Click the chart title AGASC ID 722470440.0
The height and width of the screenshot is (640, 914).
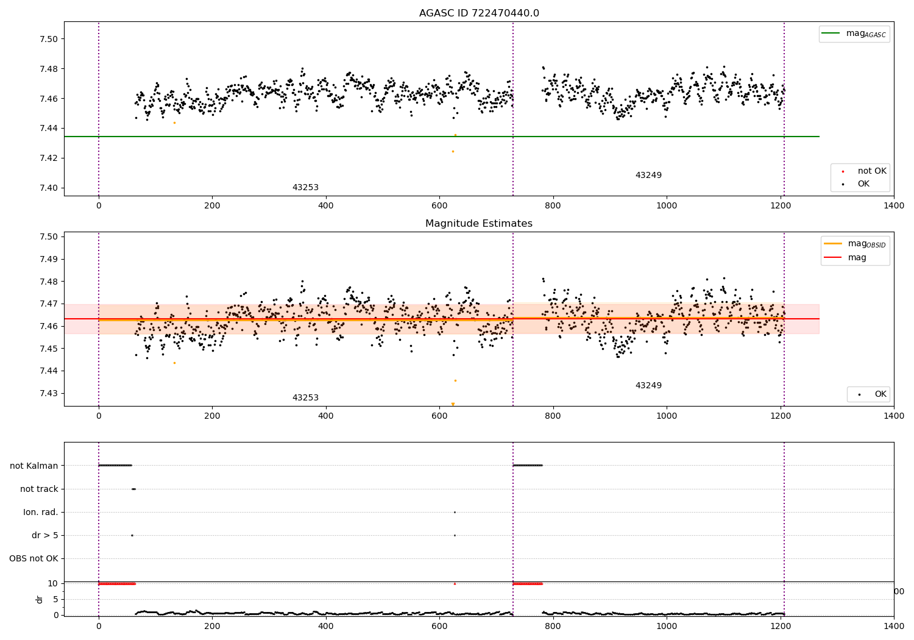[479, 13]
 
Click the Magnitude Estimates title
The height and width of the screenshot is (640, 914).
[479, 224]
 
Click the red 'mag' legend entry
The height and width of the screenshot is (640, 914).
[857, 258]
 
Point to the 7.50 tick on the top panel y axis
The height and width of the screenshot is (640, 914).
[48, 39]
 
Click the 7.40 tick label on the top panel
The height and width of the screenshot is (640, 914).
[48, 188]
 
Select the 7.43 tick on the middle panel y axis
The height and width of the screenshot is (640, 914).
[48, 393]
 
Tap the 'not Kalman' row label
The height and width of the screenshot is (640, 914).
[34, 466]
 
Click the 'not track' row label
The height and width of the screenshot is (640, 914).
[39, 489]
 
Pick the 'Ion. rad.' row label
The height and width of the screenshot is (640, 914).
[41, 512]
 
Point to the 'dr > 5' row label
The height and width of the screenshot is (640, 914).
[45, 535]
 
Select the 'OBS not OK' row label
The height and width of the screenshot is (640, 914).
[34, 558]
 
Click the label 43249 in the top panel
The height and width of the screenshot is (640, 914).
[648, 176]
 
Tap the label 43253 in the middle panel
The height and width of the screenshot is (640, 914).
[305, 398]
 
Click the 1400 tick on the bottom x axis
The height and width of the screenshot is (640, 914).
[894, 625]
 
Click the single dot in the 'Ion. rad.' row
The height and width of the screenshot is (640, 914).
[455, 512]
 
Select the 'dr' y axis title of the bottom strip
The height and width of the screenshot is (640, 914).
[40, 599]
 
